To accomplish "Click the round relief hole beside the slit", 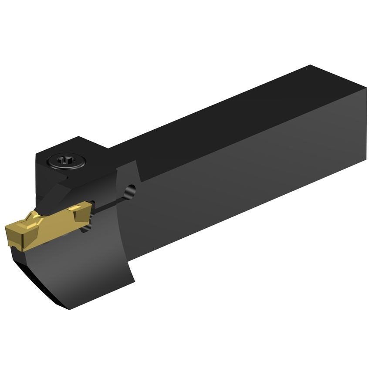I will (x=130, y=190).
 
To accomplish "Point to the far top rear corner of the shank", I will (x=311, y=66).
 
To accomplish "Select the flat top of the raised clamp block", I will (x=74, y=150).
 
